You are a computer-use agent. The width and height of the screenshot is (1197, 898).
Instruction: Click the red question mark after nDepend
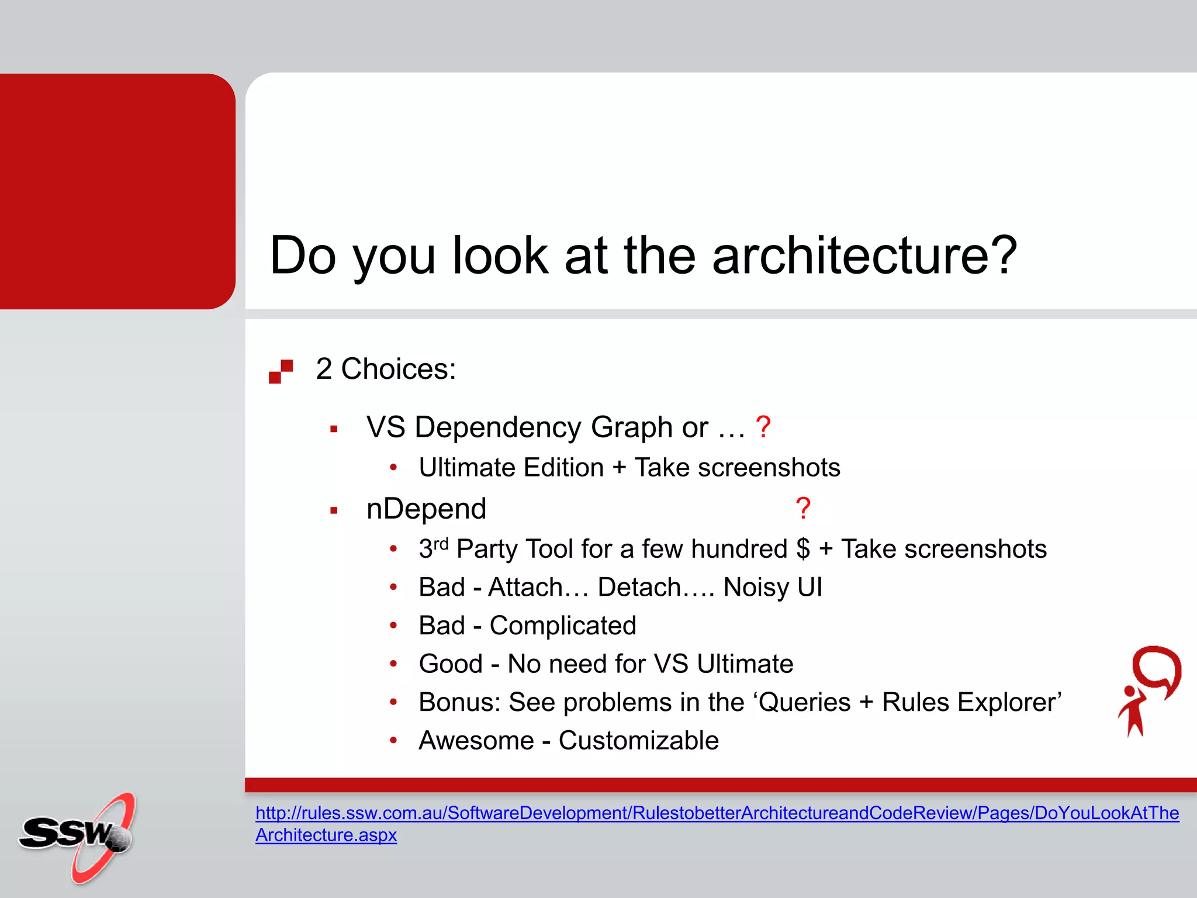pos(803,509)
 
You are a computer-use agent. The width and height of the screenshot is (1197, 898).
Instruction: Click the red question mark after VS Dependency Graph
pos(763,427)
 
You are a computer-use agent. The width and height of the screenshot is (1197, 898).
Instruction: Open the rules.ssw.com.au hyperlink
pos(717,813)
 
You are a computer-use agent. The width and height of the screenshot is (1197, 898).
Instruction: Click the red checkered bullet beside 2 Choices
pos(281,371)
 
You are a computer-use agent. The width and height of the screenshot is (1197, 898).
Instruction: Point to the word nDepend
pos(426,509)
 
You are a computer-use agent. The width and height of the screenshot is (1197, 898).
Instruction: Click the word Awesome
pos(476,741)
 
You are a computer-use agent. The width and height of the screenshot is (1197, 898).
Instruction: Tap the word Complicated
pos(562,626)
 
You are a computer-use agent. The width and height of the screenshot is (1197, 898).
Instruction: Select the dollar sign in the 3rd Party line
pos(803,549)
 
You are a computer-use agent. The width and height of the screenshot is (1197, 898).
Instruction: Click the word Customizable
pos(638,741)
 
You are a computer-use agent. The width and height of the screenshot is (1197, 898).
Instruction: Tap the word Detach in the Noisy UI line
pos(639,587)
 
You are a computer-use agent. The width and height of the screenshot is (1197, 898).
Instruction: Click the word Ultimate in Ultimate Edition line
pos(465,468)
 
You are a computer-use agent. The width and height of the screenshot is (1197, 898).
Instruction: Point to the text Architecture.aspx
pos(326,835)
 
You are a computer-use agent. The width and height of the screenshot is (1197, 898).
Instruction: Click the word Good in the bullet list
pos(451,664)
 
